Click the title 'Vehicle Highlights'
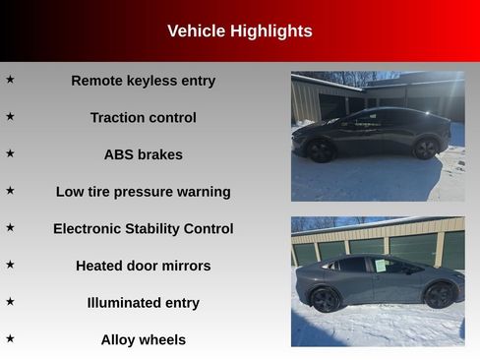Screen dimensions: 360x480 tap(239, 31)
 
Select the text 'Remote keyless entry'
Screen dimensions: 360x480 tap(143, 81)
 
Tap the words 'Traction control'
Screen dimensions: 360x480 tap(143, 118)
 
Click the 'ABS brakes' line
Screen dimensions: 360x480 tap(143, 154)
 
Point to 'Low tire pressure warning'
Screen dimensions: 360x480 tap(143, 192)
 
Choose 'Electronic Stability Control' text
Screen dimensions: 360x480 tap(143, 229)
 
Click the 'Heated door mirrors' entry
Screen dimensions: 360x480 tap(143, 266)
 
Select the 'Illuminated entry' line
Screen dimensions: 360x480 tap(143, 303)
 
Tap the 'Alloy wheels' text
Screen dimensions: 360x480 tap(143, 340)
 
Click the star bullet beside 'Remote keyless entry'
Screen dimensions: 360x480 tap(10, 79)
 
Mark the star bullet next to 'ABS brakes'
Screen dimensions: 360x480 tap(10, 153)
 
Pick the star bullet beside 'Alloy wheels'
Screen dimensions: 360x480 tap(10, 338)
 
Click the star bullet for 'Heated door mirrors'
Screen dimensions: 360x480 tap(10, 264)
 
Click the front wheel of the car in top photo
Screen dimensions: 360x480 tap(321, 150)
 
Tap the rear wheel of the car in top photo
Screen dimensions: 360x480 tap(426, 149)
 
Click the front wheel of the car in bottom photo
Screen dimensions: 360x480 tap(440, 294)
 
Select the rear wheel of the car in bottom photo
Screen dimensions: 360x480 tap(326, 299)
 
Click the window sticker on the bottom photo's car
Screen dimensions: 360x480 tap(379, 266)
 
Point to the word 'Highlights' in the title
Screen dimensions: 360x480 tap(270, 31)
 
